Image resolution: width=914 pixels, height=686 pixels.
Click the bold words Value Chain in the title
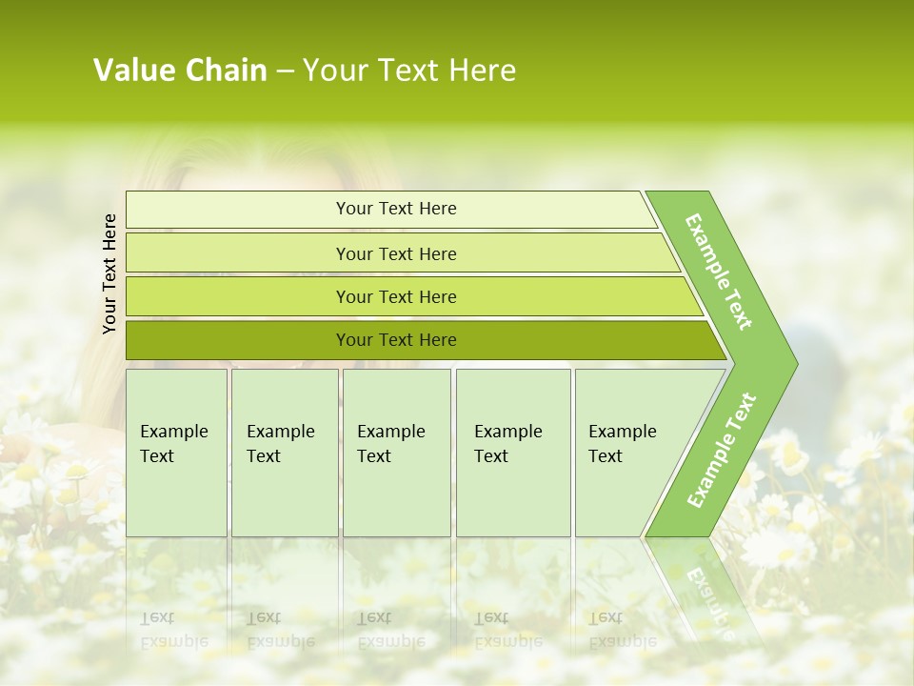pos(180,71)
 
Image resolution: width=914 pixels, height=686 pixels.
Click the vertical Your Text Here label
pos(109,273)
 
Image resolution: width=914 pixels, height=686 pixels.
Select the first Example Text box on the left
pos(176,453)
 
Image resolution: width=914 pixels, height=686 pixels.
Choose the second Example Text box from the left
pos(285,453)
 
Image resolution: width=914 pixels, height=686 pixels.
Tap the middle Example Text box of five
pos(396,453)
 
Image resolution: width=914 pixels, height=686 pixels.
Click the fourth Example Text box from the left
pos(513,453)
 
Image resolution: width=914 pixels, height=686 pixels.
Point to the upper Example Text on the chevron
pos(719,272)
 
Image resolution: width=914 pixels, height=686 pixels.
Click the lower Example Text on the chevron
pos(722,450)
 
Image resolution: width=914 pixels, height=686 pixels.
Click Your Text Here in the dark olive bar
pos(396,340)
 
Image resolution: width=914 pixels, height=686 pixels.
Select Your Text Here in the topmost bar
pos(396,209)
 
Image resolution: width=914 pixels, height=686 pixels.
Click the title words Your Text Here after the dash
pos(409,71)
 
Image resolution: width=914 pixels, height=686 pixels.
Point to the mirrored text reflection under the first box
pos(174,630)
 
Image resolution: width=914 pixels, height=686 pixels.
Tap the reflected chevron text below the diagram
pos(709,600)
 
